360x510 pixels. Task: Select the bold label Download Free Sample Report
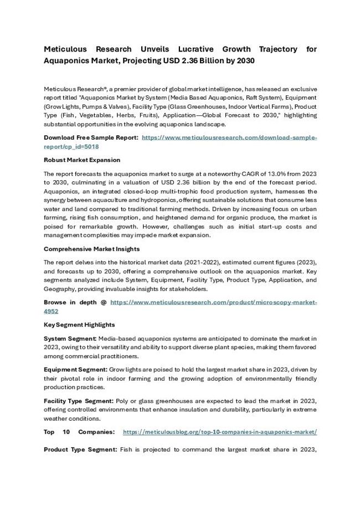pos(91,137)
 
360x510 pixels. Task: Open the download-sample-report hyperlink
pos(229,137)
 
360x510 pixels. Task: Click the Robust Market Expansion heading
pos(81,160)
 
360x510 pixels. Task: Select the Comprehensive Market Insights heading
pos(91,249)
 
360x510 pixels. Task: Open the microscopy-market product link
pos(213,303)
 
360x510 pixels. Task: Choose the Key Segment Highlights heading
pos(79,325)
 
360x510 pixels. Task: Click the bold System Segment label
pos(70,338)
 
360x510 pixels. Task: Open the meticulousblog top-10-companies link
pos(219,432)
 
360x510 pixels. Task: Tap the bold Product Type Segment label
pos(81,450)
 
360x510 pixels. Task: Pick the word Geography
pos(61,289)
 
